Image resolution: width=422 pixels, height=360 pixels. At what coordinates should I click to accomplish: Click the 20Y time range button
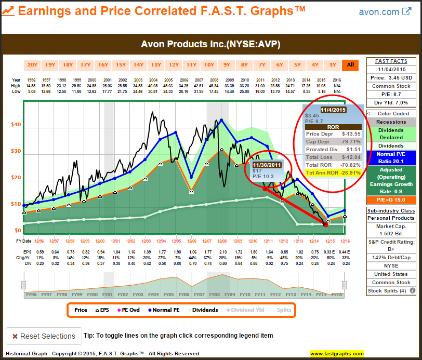click(x=32, y=65)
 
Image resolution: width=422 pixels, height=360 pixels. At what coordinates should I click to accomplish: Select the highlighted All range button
click(x=350, y=65)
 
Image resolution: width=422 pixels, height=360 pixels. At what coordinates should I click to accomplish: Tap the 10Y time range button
click(x=209, y=65)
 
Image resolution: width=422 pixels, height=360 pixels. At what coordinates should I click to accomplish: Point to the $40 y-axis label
click(x=16, y=125)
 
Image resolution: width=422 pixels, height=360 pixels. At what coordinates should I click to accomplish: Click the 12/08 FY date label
click(x=222, y=241)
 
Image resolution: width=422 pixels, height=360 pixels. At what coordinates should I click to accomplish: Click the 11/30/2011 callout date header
click(x=267, y=165)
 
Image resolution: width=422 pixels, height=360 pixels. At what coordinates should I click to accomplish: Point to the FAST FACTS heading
click(x=392, y=61)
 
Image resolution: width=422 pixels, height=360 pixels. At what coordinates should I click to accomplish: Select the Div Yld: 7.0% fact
click(x=392, y=102)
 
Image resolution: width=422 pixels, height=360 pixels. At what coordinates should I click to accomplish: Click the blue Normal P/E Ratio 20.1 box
click(x=392, y=157)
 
